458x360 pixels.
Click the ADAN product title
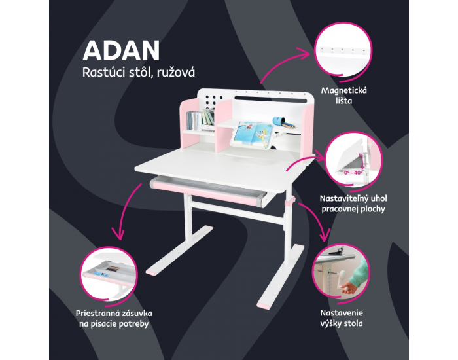pyautogui.click(x=121, y=50)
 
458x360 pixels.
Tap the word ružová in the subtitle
pyautogui.click(x=176, y=73)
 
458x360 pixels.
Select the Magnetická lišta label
pyautogui.click(x=343, y=96)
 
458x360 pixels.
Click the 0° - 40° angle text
pyautogui.click(x=353, y=173)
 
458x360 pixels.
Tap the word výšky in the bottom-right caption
pyautogui.click(x=331, y=323)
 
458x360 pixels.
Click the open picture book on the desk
pyautogui.click(x=254, y=134)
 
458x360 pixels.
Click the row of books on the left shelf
pyautogui.click(x=201, y=120)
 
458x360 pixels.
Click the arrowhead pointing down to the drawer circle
pyautogui.click(x=119, y=234)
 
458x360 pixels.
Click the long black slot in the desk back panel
pyautogui.click(x=271, y=99)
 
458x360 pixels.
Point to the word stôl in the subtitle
pyautogui.click(x=141, y=72)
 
